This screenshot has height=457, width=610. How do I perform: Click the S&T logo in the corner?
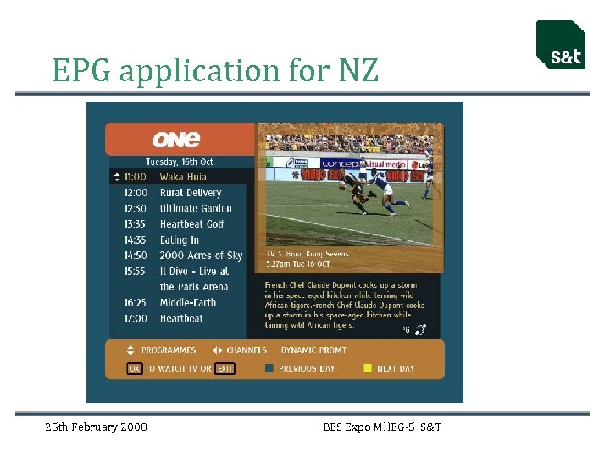561,46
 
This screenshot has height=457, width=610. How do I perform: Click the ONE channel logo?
176,139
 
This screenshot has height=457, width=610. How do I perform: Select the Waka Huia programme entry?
183,177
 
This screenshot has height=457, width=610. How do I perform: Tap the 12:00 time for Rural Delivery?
136,193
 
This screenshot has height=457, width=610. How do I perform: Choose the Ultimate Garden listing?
196,208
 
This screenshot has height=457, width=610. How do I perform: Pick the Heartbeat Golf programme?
191,224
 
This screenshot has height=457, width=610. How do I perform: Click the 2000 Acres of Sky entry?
201,256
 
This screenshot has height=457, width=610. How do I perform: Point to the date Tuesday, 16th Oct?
180,162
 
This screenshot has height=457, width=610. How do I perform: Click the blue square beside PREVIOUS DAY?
269,368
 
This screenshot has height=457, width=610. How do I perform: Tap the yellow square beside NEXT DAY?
367,368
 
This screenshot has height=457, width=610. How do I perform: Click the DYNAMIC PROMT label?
313,350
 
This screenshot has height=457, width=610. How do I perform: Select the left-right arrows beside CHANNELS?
217,350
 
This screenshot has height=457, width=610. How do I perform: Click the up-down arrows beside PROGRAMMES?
130,350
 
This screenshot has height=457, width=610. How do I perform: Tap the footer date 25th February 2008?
96,427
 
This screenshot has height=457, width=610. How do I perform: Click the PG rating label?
405,330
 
